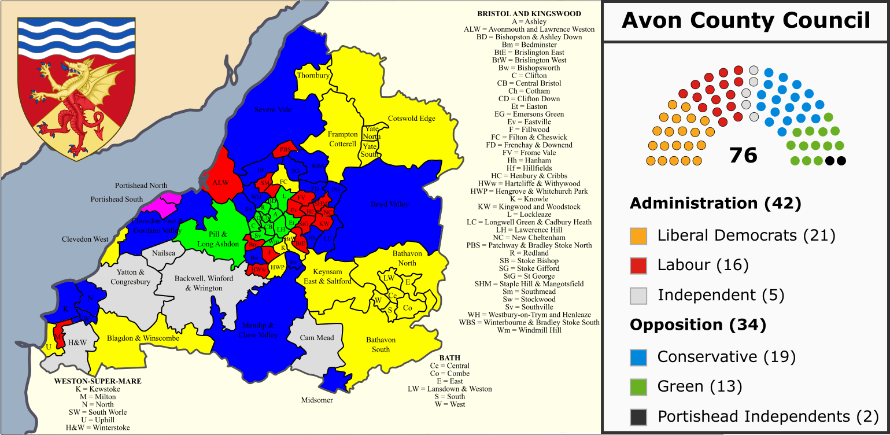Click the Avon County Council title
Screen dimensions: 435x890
click(745, 21)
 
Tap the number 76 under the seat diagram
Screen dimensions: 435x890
click(743, 155)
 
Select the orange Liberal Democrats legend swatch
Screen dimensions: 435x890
click(638, 235)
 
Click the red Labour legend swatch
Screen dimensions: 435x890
click(638, 266)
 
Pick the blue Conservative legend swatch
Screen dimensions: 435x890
click(638, 357)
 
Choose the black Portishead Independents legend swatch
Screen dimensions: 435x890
click(638, 417)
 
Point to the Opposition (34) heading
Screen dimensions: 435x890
click(697, 326)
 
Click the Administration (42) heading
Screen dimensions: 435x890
click(715, 204)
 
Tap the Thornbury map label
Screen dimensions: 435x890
click(313, 76)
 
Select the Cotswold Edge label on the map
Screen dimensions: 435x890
click(411, 119)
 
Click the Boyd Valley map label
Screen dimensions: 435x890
click(389, 204)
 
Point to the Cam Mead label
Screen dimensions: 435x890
click(317, 338)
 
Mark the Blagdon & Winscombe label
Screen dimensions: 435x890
click(139, 338)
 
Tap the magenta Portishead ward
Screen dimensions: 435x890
click(162, 204)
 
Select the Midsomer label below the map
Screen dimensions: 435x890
click(316, 400)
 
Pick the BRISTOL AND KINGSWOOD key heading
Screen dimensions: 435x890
click(529, 14)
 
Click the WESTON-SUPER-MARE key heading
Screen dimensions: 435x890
click(97, 382)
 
